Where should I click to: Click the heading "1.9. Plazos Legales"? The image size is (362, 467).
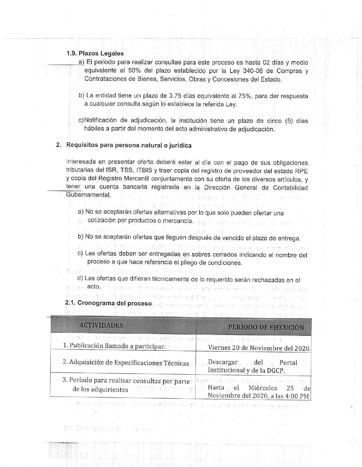click(95, 53)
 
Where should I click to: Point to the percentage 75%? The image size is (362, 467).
click(243, 96)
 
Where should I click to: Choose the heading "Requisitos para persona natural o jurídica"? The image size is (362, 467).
click(129, 145)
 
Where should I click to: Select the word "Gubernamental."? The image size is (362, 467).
click(88, 195)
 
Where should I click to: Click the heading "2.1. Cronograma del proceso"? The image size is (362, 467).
click(109, 303)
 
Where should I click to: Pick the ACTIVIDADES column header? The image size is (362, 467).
click(101, 325)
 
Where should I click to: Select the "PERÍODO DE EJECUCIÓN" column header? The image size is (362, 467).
click(266, 327)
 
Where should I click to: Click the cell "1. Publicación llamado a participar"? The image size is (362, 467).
click(114, 346)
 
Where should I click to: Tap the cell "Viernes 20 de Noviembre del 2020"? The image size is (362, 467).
click(259, 348)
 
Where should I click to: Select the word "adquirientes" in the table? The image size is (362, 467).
click(100, 390)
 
